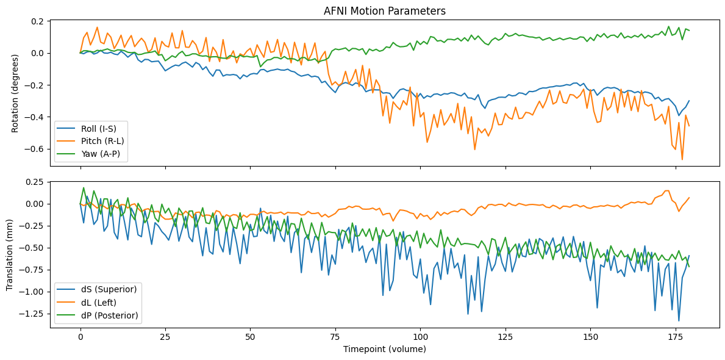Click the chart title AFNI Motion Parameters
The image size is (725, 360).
pyautogui.click(x=385, y=10)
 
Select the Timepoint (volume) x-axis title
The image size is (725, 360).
pyautogui.click(x=385, y=350)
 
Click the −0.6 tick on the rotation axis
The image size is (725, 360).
pyautogui.click(x=34, y=149)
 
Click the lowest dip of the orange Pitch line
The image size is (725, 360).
pyautogui.click(x=682, y=160)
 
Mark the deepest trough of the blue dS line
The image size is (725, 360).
pyautogui.click(x=679, y=321)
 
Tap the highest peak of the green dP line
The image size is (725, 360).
pyautogui.click(x=84, y=188)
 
